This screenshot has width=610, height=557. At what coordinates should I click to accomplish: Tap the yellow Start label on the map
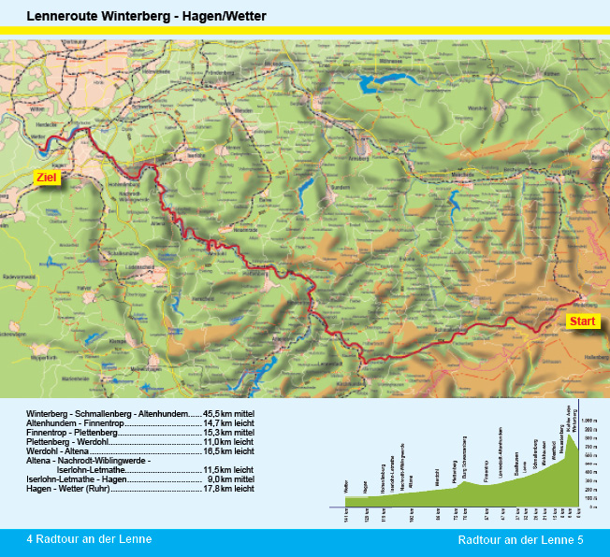coord(582,321)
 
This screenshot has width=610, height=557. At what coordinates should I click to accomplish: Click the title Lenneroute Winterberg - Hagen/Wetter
coord(147,17)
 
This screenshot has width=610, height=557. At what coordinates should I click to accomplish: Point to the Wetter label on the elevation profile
coord(346,487)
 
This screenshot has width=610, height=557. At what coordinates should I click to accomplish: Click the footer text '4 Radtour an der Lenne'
coord(89,539)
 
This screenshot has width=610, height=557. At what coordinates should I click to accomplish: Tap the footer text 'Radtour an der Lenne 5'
coord(520,540)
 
